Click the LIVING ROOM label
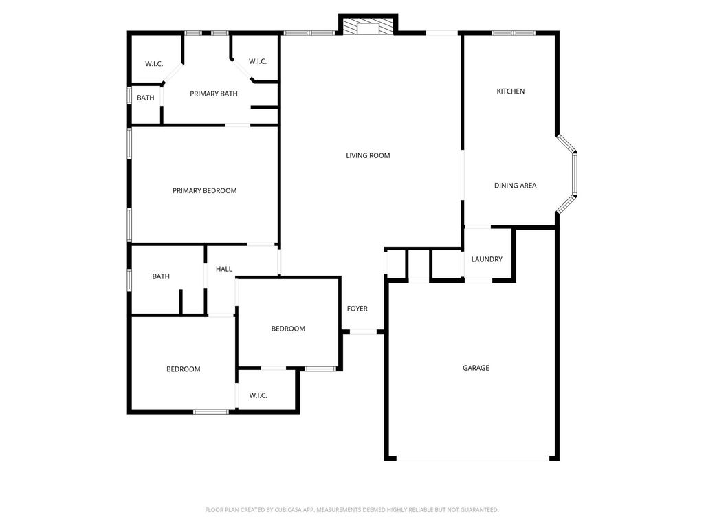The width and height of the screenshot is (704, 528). point(368,156)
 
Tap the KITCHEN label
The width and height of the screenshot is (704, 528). point(511,91)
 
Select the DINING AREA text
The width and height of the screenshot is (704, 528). point(515,186)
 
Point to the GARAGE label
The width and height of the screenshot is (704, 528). point(476,368)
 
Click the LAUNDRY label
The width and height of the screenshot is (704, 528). point(487,259)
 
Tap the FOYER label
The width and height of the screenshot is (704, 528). point(357,309)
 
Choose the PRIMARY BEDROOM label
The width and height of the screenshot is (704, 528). point(204,191)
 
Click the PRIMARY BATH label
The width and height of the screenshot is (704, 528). point(214,93)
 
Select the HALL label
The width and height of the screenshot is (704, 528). point(223,269)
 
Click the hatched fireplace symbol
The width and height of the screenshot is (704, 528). point(368,25)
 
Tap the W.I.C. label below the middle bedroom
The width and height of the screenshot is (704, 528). point(258,395)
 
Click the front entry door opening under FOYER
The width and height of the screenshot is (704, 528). point(363,332)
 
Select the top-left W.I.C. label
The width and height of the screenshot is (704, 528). point(154,64)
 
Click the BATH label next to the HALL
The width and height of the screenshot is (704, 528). point(161,276)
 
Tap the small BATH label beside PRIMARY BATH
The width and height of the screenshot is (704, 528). point(146,98)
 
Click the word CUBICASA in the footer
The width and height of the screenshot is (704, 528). point(289,510)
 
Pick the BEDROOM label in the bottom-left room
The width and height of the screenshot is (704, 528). point(183,369)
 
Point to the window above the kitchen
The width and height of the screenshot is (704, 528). point(514,33)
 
